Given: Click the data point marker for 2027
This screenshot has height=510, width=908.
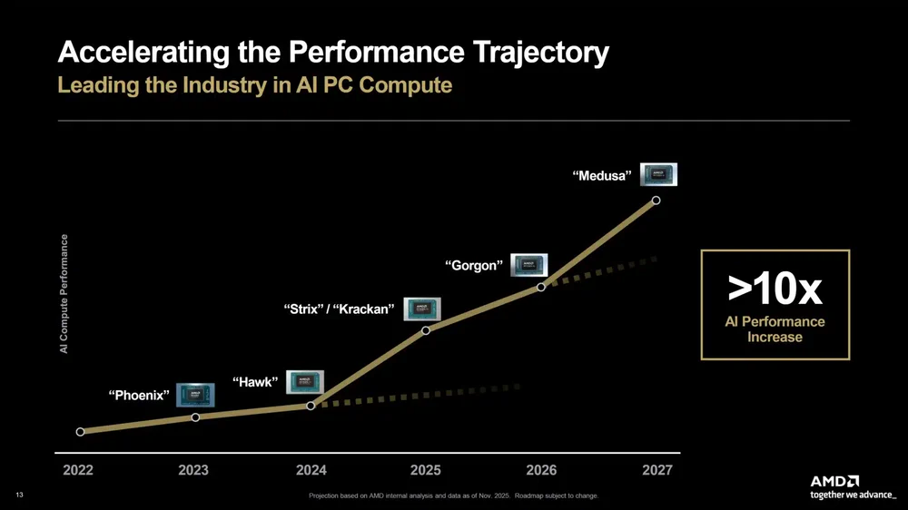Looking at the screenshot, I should coord(656,201).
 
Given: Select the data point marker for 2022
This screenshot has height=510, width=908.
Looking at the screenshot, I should coord(81,432).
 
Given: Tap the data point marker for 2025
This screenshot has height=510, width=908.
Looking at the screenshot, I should coord(426,330).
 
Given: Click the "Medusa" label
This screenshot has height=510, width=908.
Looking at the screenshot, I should coord(602,176).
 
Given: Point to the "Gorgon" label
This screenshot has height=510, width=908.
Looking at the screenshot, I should coord(473,266).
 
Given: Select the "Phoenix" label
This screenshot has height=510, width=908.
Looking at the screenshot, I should coord(139,395).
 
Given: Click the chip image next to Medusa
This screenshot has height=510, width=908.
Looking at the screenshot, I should coord(658,174).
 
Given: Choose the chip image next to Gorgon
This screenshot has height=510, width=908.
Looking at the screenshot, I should coord(528,264).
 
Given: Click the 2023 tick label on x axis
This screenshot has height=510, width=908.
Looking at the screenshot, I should coord(192,470).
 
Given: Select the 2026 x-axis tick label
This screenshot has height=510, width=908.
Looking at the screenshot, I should coord(540,470).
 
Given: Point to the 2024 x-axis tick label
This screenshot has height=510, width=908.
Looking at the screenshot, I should coord(311,470).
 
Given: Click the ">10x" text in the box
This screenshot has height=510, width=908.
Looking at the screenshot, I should coord(775,289).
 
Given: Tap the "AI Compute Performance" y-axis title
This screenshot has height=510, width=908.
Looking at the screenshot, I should coord(64,295).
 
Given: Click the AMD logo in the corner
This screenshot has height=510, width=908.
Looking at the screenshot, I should coord(836,481).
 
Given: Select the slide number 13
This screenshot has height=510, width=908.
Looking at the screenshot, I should coord(20,495).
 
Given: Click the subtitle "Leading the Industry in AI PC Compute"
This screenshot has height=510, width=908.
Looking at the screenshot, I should coord(254,85).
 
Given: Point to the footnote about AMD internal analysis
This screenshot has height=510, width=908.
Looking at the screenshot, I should coord(453,495).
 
